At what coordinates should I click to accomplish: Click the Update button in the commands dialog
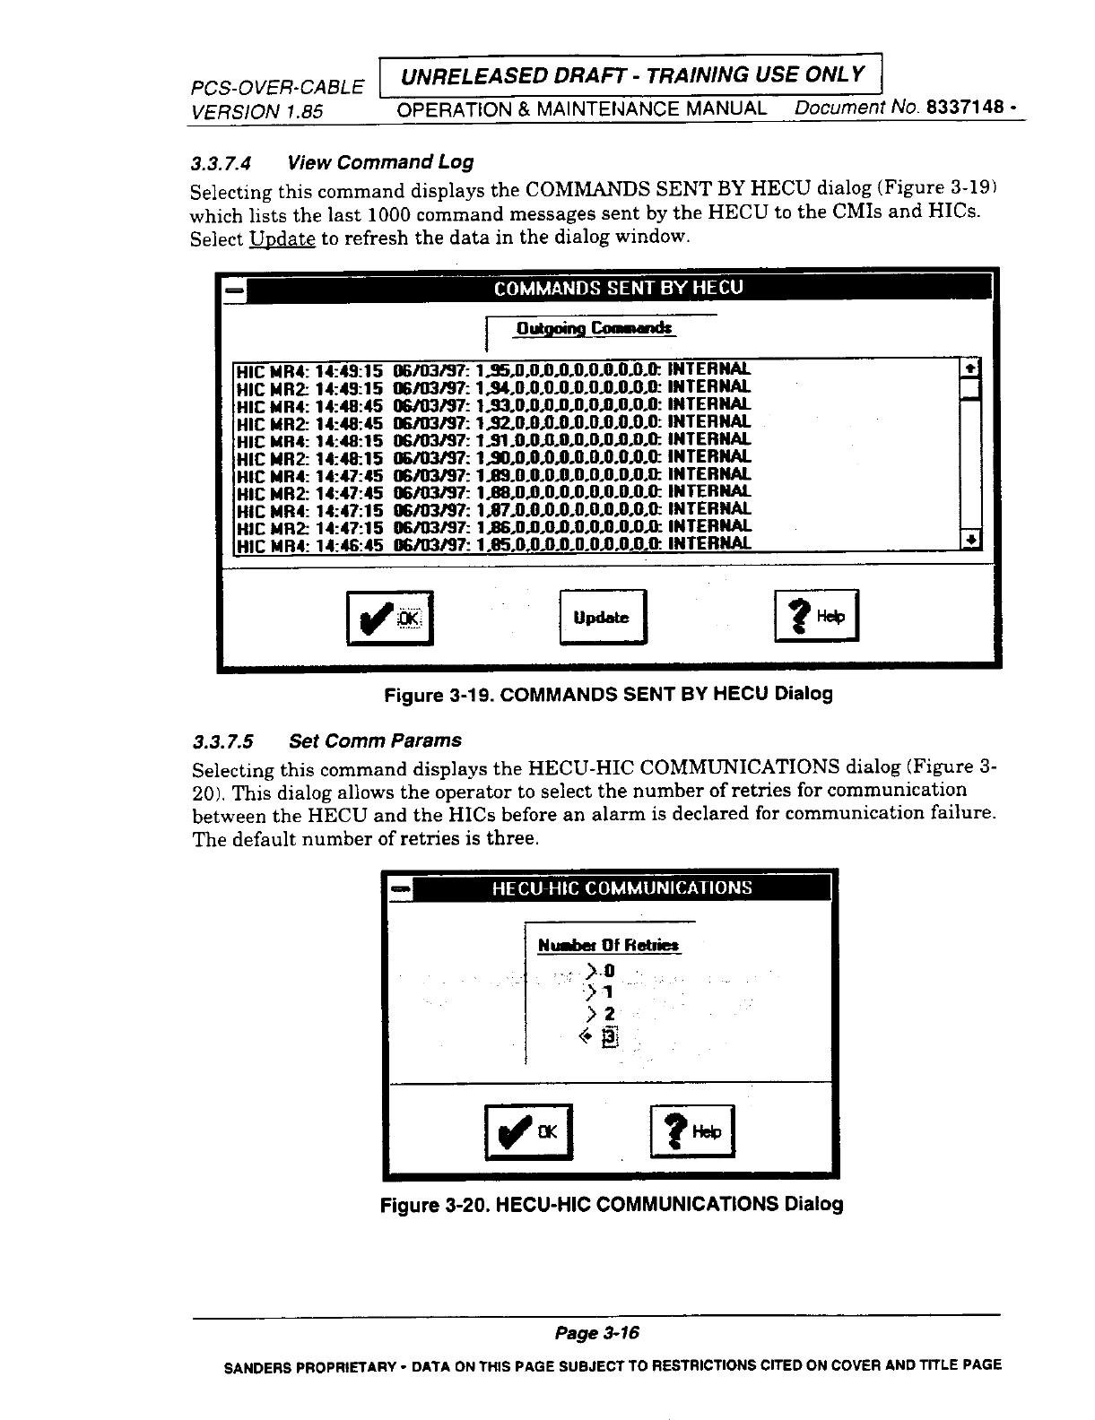coord(602,618)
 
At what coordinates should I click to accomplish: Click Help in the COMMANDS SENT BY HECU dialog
coord(816,616)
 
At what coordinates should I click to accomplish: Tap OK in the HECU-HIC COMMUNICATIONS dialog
coord(527,1133)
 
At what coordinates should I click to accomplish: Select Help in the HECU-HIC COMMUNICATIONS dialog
coord(691,1133)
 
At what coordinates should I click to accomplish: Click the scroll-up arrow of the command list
coord(970,369)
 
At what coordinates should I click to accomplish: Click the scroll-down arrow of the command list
coord(970,540)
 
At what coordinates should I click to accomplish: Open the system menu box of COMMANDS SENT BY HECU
coord(234,290)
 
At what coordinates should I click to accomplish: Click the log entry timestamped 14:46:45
coord(492,543)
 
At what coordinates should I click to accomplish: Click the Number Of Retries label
coord(608,945)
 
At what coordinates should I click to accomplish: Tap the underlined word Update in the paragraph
coord(282,239)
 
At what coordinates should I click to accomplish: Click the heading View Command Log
coord(379,162)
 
